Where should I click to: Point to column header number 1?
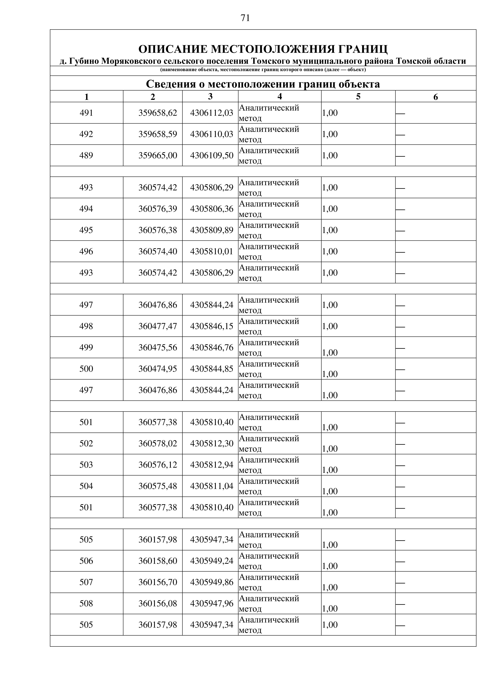87,97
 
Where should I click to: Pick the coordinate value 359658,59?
158,134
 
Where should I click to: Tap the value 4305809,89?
212,230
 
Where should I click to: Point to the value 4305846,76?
212,347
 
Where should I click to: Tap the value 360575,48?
158,486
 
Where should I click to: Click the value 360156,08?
158,604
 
